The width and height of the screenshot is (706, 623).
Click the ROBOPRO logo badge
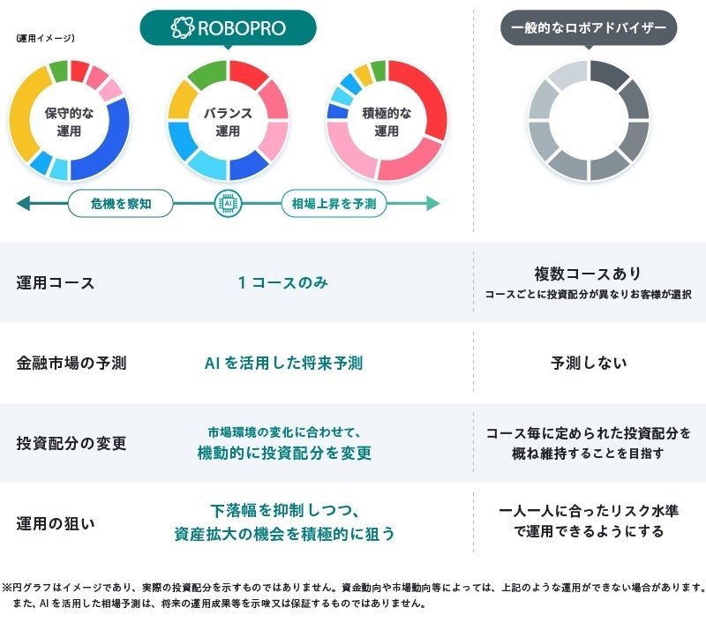229,27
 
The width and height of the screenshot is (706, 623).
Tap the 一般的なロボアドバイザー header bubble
589,27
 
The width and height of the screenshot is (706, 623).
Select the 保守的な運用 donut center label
69,122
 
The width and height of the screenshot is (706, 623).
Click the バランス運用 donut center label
228,122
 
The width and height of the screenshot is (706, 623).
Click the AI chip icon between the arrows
228,204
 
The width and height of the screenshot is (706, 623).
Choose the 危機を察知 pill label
121,204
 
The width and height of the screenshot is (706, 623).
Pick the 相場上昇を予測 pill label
334,204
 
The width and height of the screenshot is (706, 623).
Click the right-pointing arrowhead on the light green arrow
433,204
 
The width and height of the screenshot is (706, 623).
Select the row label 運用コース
56,283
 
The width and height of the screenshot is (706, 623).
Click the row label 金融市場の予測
71,363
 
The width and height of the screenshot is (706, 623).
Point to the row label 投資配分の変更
71,442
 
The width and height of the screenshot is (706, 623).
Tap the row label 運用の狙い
56,522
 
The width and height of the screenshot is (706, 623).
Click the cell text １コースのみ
282,282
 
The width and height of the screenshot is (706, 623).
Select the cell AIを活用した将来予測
283,363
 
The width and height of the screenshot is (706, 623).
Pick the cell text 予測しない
589,363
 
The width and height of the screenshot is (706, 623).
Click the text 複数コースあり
588,274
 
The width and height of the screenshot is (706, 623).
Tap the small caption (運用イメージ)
45,38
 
